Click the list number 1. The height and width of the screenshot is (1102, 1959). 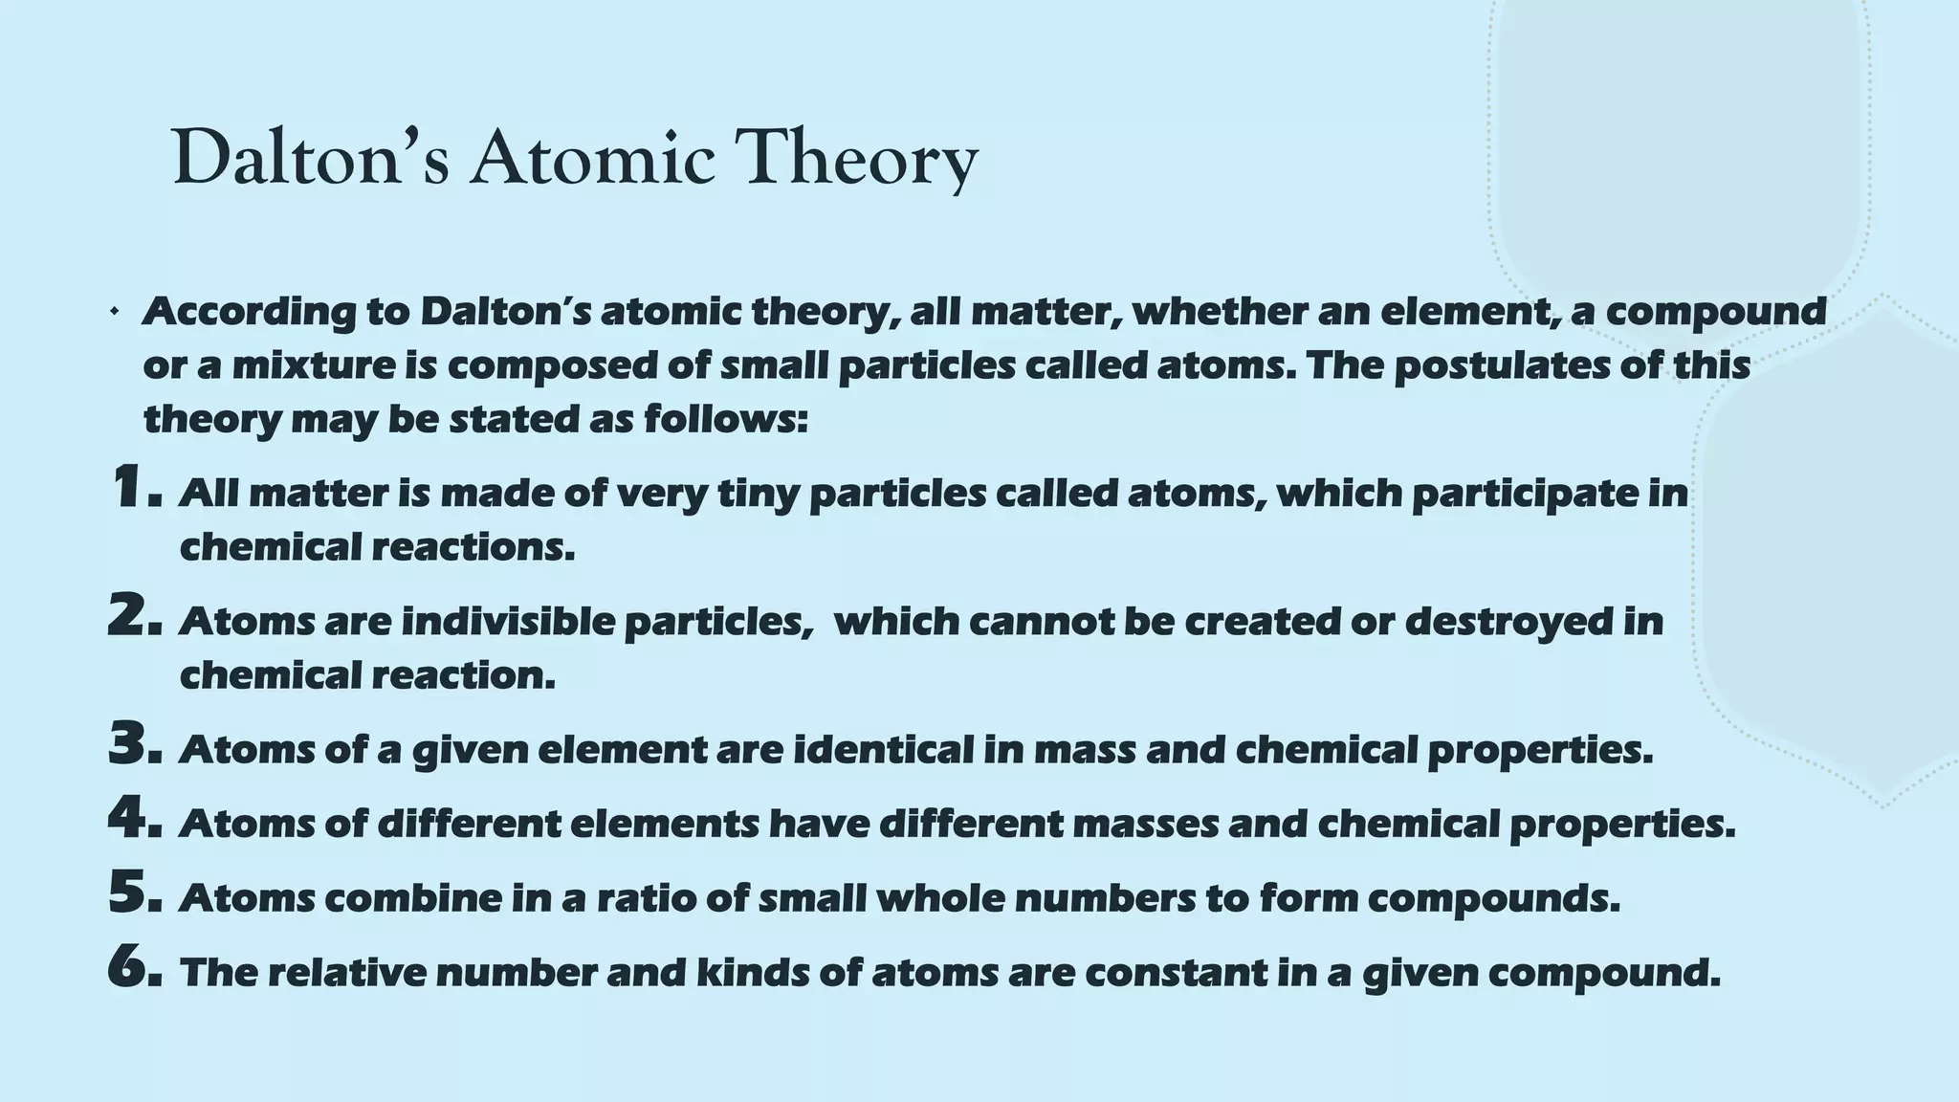135,489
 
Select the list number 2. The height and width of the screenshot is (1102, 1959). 135,617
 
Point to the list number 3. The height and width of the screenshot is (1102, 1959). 135,746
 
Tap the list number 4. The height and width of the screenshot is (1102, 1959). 135,820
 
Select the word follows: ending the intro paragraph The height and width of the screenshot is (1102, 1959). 726,419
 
